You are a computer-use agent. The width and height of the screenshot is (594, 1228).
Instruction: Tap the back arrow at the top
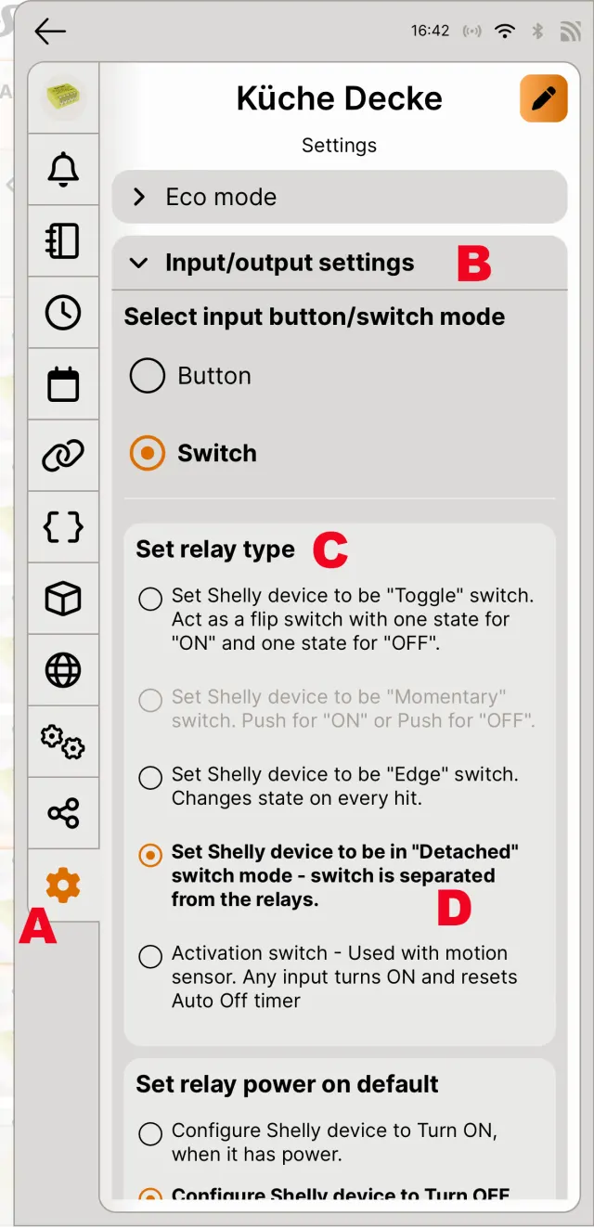pos(50,31)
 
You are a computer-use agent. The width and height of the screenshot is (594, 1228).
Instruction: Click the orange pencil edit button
pos(544,98)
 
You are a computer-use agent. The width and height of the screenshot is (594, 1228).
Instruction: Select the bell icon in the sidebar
pos(63,169)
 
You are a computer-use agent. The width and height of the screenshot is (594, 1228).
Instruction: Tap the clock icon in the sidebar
pos(63,313)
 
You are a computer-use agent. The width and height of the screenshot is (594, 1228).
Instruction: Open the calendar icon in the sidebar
pos(63,383)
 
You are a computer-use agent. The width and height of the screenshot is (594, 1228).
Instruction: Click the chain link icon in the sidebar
pos(63,456)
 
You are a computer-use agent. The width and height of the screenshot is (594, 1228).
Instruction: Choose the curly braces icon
pos(63,527)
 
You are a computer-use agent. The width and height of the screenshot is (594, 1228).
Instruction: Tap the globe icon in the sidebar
pos(63,670)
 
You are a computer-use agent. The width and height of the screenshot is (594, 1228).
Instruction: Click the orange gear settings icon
pos(63,885)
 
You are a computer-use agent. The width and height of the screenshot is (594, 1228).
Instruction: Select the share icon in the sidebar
pos(63,813)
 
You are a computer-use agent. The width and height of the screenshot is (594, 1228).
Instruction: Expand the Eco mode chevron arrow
pos(139,197)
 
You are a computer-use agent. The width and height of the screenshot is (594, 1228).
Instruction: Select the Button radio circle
pos(148,376)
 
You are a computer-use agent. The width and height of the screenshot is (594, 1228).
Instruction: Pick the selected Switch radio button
pos(148,453)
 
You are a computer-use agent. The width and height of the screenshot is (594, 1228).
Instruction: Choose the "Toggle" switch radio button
pos(150,599)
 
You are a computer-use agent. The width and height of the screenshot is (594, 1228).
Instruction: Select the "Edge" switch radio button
pos(150,778)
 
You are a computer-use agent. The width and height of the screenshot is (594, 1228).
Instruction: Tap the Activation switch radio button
pos(150,957)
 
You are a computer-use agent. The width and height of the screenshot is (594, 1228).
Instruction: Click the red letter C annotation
pos(330,549)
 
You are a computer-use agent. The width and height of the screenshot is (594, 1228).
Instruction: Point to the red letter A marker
pos(37,925)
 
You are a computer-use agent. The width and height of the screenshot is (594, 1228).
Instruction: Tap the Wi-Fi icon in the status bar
pos(504,31)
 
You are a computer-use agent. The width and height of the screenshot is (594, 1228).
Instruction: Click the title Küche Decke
pos(339,98)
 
